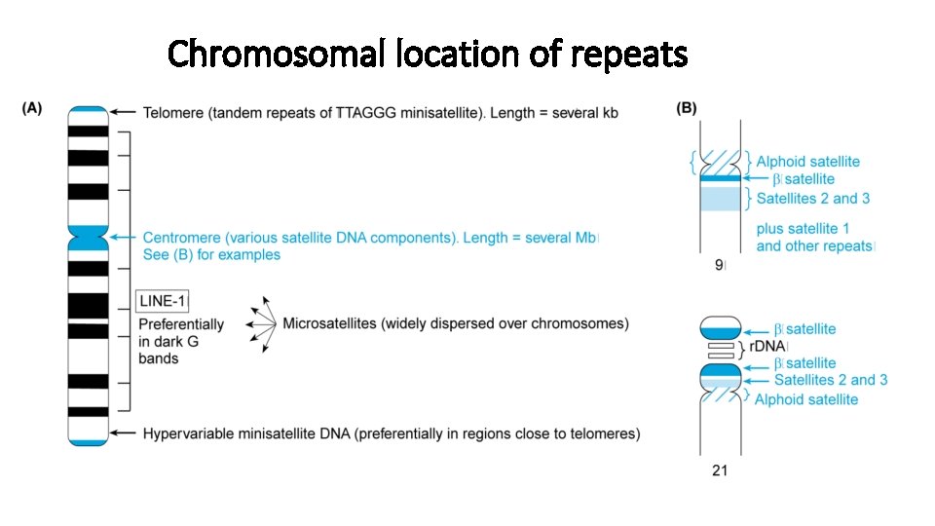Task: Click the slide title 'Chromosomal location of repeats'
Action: [427, 54]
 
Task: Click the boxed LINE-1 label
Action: [162, 302]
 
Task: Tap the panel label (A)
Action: [32, 109]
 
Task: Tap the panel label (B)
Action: [687, 108]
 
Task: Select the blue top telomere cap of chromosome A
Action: [88, 112]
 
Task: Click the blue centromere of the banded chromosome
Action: [88, 237]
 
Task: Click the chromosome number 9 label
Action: [720, 264]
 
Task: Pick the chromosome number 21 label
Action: [720, 470]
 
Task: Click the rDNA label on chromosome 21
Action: [767, 346]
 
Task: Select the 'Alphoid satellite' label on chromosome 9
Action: [807, 162]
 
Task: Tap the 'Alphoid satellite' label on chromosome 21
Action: [806, 399]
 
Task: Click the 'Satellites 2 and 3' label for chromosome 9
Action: [813, 199]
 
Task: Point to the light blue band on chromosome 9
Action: [721, 198]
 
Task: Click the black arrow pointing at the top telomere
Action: [125, 113]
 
